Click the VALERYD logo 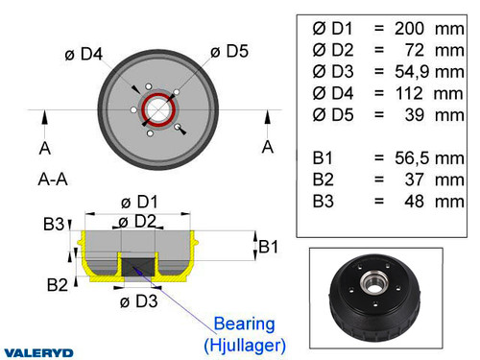41,351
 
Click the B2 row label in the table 324,180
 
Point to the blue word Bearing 244,324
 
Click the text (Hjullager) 244,343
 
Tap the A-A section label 53,179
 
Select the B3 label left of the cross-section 54,225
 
